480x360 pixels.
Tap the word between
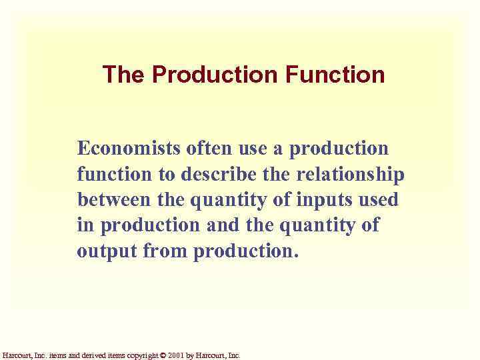[116, 200]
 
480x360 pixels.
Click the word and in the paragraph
[221, 226]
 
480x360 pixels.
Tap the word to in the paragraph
[164, 174]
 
